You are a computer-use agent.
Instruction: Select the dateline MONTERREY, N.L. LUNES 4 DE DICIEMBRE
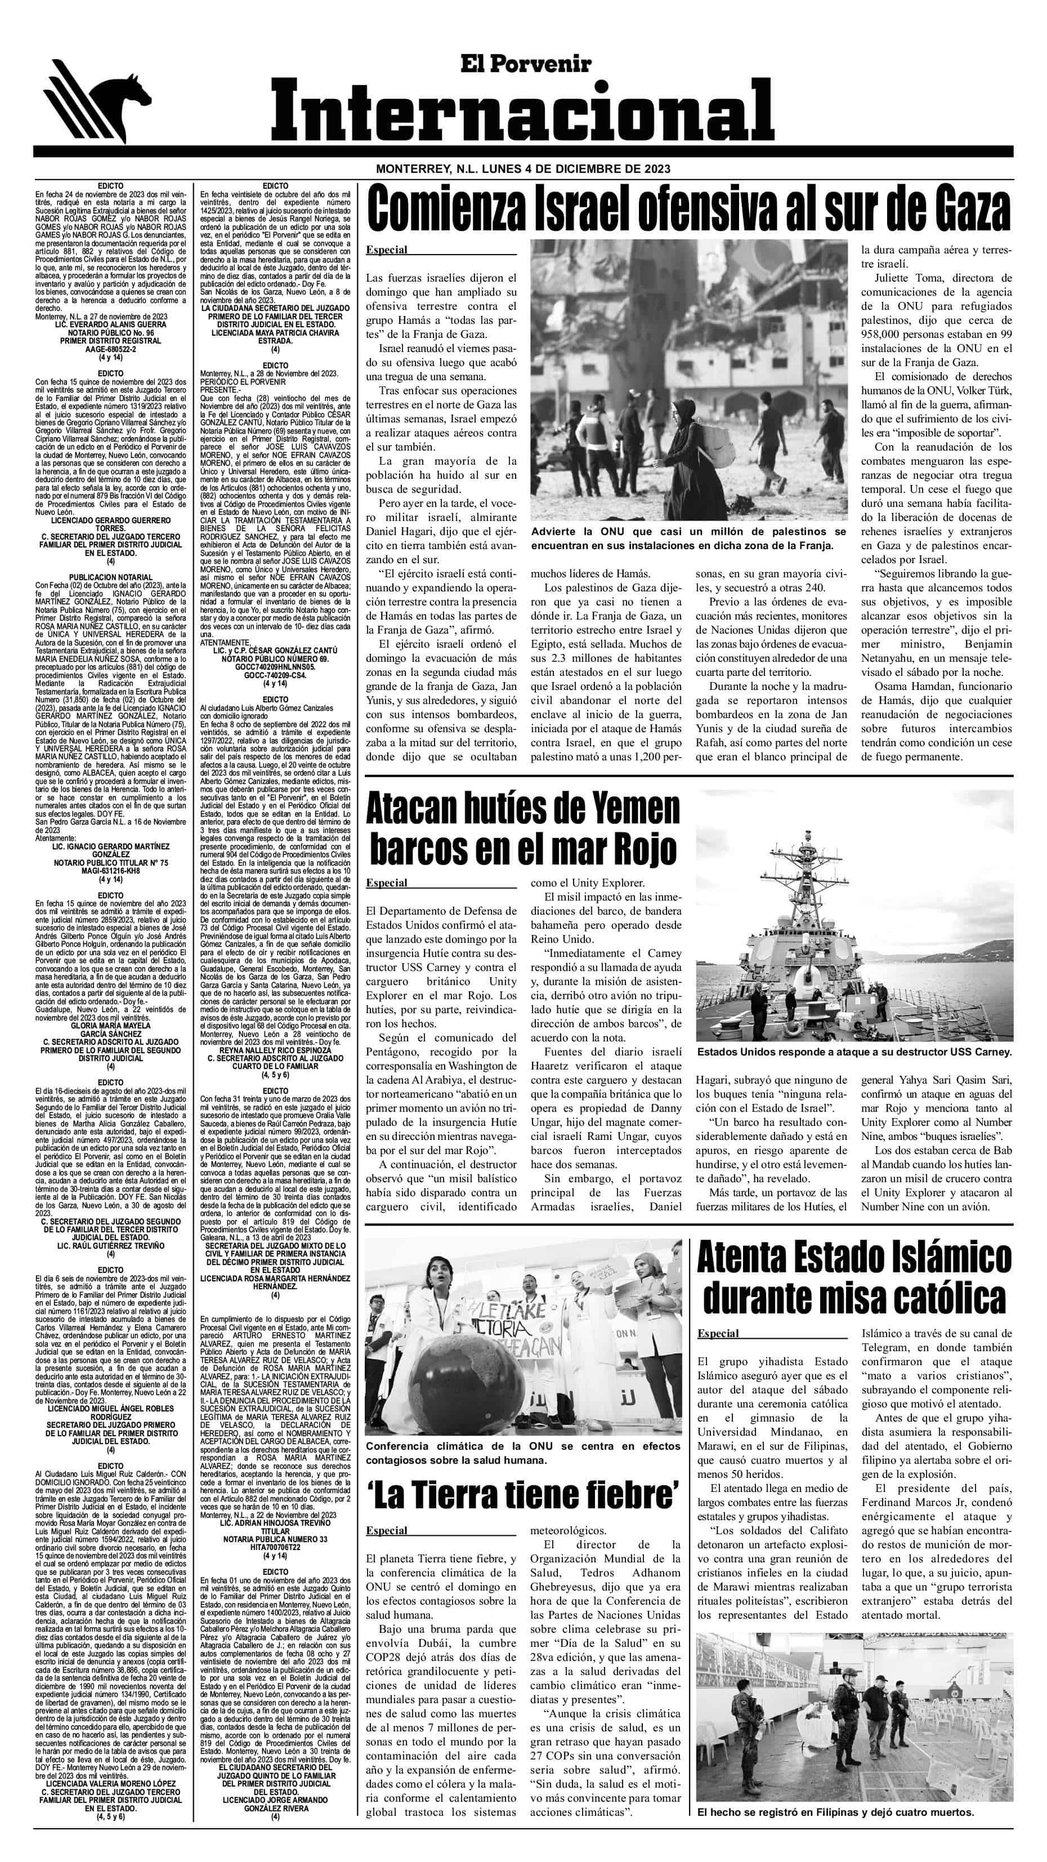[522, 169]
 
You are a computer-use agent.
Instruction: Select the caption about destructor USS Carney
[854, 1052]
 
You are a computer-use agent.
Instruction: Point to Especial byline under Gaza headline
[387, 250]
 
